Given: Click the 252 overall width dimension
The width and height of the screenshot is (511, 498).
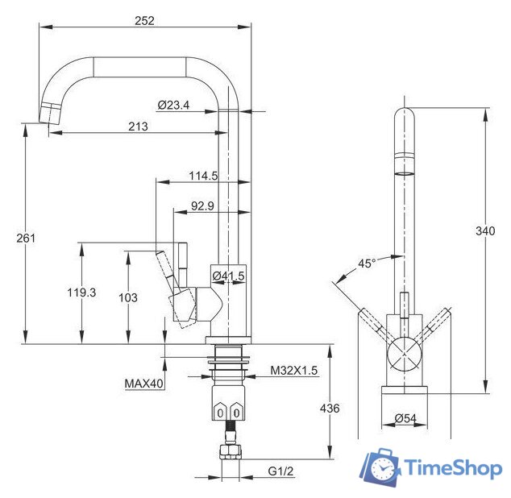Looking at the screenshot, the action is [144, 21].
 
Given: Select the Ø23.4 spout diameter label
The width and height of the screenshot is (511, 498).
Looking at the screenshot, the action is [173, 105].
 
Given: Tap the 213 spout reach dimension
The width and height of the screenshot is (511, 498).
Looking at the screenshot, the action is [138, 127].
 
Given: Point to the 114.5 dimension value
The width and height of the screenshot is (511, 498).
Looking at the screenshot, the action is [203, 176].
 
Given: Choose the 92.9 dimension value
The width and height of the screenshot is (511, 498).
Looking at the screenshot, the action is [202, 206].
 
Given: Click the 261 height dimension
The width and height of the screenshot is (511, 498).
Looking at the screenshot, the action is [26, 239].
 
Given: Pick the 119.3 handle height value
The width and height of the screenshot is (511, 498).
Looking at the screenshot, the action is [81, 293].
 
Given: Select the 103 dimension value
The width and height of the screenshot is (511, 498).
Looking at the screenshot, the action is [128, 297].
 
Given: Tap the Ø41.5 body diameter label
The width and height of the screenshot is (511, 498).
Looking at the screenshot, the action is [228, 276].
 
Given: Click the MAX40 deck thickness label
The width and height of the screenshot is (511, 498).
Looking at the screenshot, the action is [143, 384].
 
